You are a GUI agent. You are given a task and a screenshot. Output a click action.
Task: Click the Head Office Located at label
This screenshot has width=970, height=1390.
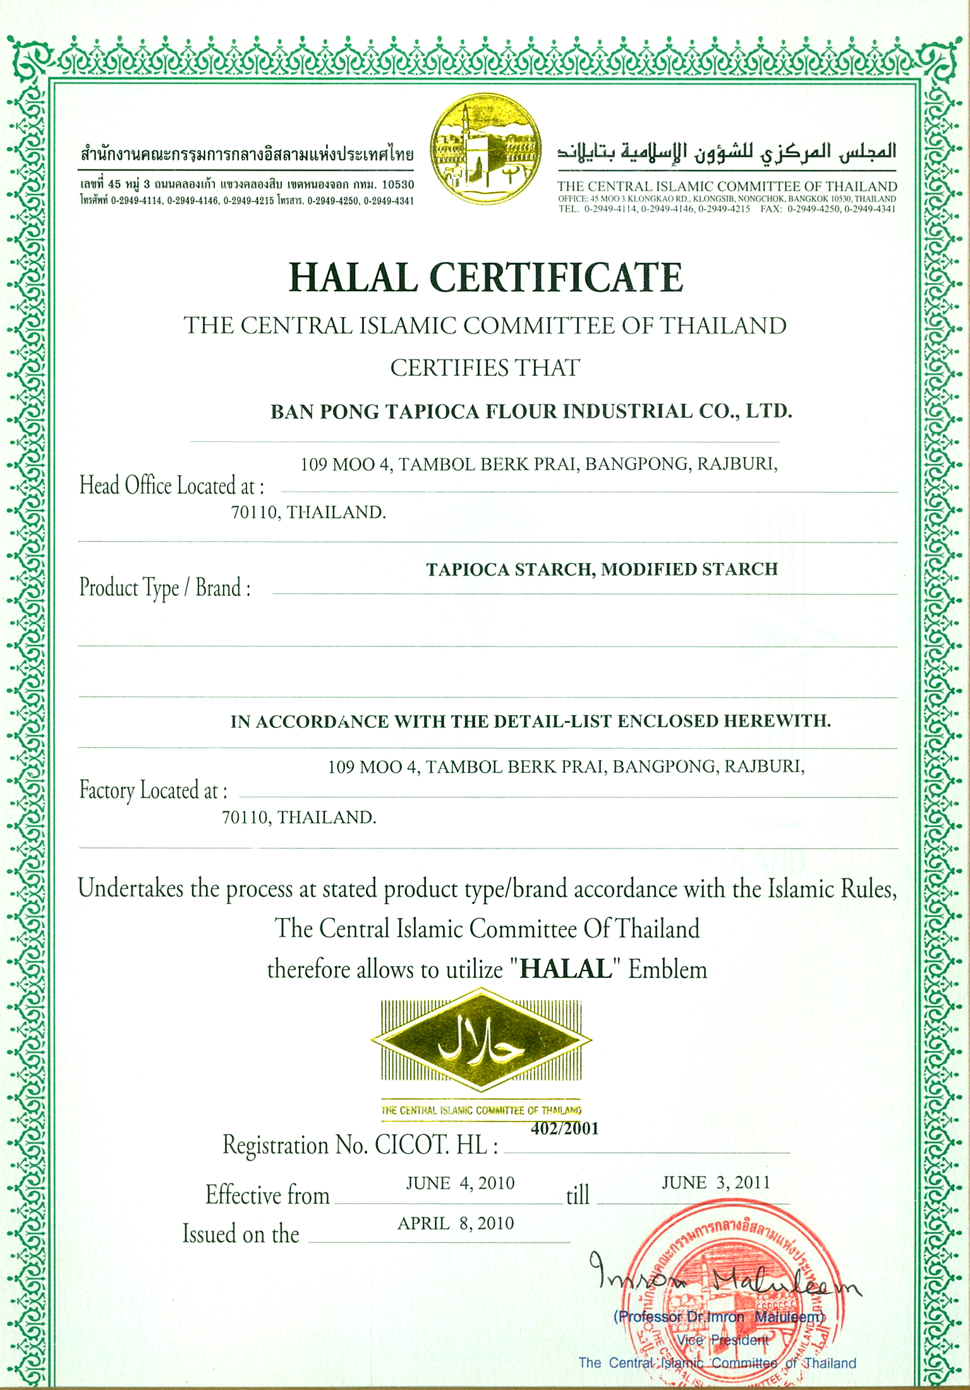tap(171, 486)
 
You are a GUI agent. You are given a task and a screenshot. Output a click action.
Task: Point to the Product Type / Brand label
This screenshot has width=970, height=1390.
tap(165, 588)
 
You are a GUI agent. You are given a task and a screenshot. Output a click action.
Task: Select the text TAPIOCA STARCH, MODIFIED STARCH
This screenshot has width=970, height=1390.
tap(602, 569)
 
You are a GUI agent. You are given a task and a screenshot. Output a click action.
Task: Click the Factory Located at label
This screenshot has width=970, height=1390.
tap(153, 790)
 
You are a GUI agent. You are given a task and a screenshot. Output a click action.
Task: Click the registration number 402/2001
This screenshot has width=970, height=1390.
tap(564, 1128)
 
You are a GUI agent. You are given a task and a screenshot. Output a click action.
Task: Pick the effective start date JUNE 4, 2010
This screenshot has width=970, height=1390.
tap(460, 1183)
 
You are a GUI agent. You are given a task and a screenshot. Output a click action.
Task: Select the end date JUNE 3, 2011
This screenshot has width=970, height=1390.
tap(715, 1182)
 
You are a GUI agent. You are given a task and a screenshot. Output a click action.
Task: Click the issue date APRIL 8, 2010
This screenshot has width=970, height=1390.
tap(456, 1223)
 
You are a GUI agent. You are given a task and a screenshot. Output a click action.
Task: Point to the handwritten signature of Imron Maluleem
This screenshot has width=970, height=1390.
tap(720, 1280)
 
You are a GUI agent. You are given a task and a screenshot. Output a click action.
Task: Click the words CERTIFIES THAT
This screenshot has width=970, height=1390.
tap(485, 368)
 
